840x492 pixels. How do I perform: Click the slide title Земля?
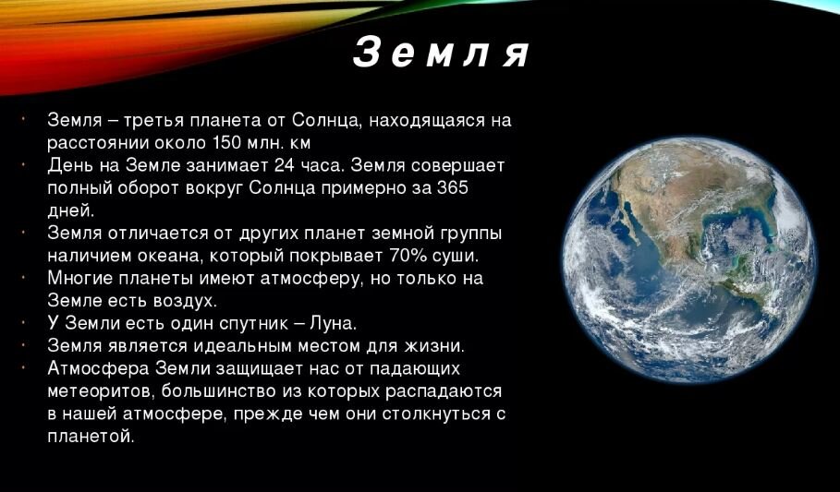click(442, 54)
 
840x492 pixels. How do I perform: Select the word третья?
click(143, 120)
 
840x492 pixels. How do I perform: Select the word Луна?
click(332, 323)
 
